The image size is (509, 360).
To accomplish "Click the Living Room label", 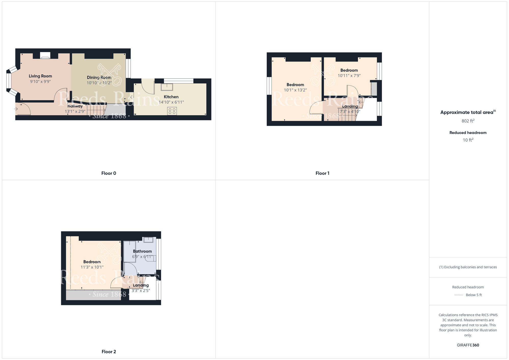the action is point(40,76).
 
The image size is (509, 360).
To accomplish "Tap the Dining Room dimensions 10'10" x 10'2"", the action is point(99,83).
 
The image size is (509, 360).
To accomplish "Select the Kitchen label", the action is point(171,97).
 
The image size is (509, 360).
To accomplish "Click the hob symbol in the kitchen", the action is point(172,111).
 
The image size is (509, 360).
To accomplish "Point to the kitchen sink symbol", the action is point(167,87).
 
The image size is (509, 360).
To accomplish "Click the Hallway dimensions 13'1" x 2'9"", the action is point(75,111).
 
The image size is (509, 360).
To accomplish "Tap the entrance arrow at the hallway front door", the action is point(16,109).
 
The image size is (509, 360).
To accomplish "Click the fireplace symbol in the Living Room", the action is point(45,56).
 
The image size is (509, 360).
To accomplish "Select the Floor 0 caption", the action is point(109,173).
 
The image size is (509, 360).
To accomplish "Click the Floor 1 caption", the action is point(322,173).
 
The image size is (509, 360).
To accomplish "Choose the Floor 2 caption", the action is point(109,352).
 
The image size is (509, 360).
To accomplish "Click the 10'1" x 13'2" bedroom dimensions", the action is point(295,90).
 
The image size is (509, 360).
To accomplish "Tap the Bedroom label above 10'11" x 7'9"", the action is point(349,70).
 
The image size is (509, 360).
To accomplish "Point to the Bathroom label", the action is point(142,251).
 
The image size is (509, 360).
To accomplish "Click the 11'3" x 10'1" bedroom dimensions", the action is point(92,267).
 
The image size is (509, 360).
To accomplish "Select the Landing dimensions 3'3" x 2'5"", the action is point(141,290).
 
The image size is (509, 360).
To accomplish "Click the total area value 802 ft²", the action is point(468,121).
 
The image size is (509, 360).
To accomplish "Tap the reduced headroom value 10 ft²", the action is point(468,140).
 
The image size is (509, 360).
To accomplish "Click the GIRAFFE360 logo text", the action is point(468,345).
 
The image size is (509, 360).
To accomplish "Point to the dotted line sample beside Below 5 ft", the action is point(459,295).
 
